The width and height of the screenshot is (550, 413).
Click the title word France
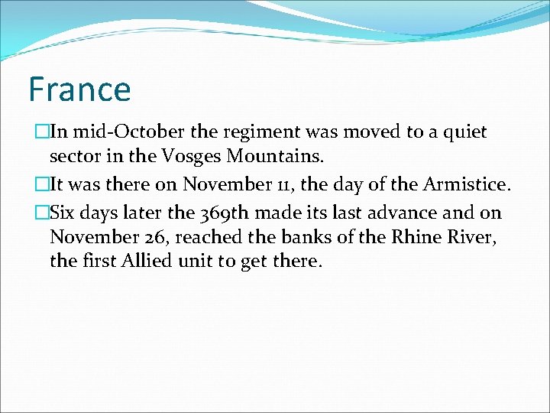pos(79,89)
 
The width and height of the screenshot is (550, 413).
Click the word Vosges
pos(187,158)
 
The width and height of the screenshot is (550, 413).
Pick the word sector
pos(73,158)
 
